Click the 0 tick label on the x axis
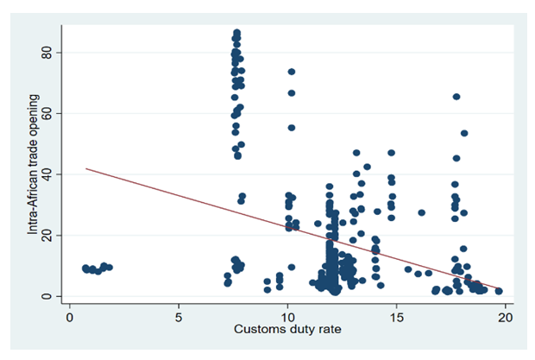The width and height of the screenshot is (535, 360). click(x=70, y=317)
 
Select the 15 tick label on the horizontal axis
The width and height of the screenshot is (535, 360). click(x=396, y=317)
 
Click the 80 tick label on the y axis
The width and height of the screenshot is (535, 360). click(x=48, y=54)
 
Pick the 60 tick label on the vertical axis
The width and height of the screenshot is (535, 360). click(x=48, y=114)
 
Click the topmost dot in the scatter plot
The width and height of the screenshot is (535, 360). click(x=236, y=33)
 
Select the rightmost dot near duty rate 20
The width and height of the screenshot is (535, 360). click(x=499, y=291)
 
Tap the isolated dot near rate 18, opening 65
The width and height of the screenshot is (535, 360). click(x=456, y=97)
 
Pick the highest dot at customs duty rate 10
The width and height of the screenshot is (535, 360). click(x=292, y=72)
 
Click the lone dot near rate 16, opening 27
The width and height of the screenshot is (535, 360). click(x=422, y=212)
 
